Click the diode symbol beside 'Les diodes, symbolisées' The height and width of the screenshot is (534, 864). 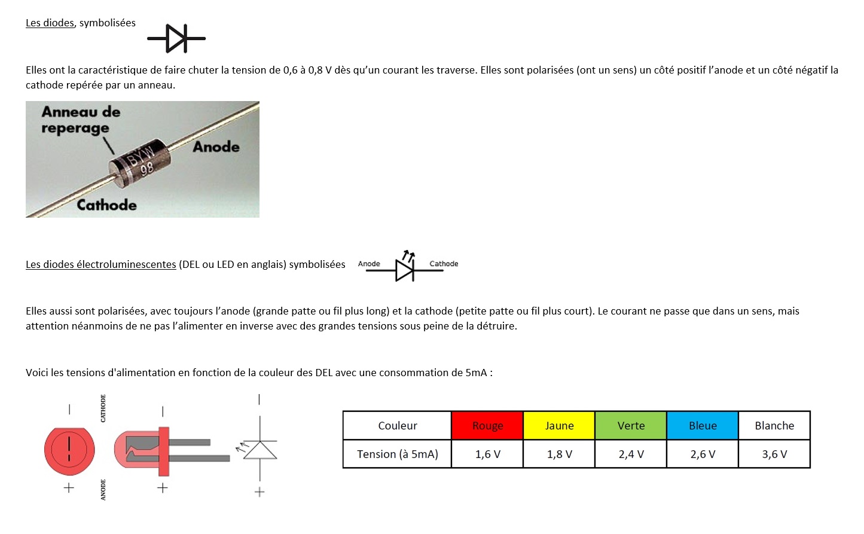(176, 38)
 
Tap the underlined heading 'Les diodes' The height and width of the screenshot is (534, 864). (50, 23)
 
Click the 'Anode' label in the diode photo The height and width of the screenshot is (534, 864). (216, 147)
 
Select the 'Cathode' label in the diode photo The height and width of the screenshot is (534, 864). (106, 205)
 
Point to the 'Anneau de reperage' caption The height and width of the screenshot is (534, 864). (81, 120)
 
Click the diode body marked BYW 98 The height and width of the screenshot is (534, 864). (141, 161)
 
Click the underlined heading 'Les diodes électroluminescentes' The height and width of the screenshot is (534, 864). (100, 264)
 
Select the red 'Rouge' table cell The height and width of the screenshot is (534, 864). (487, 426)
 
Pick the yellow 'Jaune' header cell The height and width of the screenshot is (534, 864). (559, 426)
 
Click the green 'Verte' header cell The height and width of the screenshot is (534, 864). (631, 426)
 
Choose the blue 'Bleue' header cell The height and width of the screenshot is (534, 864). (703, 426)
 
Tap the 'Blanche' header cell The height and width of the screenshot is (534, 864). (774, 426)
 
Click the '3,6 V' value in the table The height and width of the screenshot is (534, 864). (774, 454)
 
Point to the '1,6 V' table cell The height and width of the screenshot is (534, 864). (487, 454)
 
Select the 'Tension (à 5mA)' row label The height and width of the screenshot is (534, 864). (397, 454)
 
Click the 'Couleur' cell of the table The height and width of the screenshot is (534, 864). (397, 426)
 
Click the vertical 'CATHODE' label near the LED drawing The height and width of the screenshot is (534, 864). (103, 408)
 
